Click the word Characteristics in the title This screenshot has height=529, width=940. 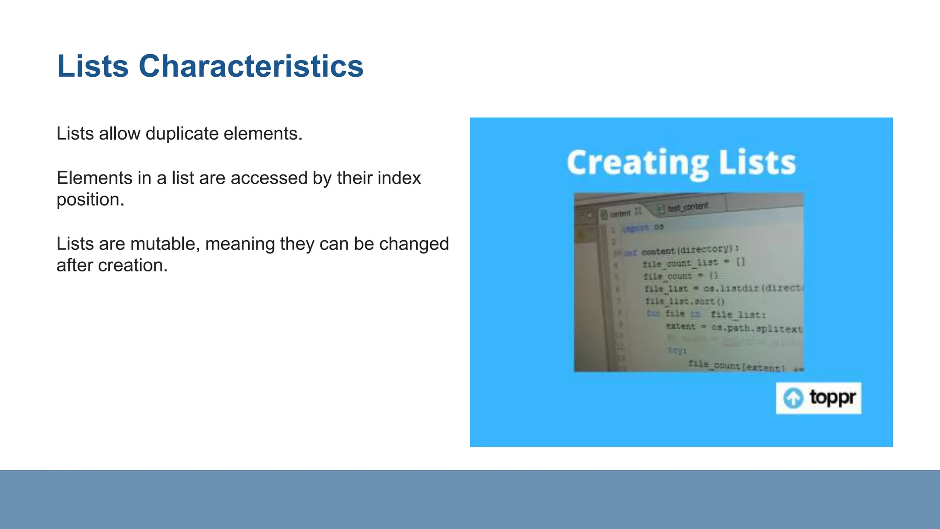[251, 66]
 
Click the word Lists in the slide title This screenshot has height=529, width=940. [93, 66]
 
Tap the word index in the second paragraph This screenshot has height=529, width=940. [398, 178]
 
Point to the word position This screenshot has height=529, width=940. [90, 200]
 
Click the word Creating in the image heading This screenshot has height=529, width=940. [638, 163]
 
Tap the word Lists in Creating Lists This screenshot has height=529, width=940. [757, 163]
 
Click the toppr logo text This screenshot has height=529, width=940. [832, 397]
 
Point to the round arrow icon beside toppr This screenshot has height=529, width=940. [793, 398]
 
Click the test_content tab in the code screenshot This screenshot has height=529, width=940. [688, 207]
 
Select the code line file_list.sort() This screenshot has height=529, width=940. [685, 302]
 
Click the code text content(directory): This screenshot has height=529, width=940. [690, 250]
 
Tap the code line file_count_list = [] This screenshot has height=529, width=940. [694, 263]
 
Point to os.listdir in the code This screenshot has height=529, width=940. [732, 288]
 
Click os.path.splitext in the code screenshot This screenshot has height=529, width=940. [756, 328]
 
